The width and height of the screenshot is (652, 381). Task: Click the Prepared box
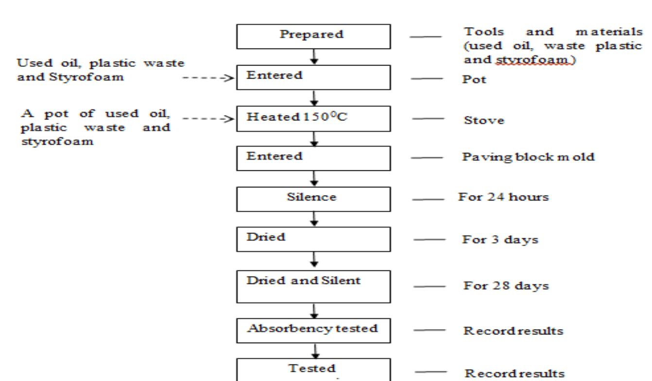pyautogui.click(x=313, y=36)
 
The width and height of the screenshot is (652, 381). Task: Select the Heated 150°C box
pyautogui.click(x=313, y=117)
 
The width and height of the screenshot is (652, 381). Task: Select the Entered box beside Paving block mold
pyautogui.click(x=313, y=157)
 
